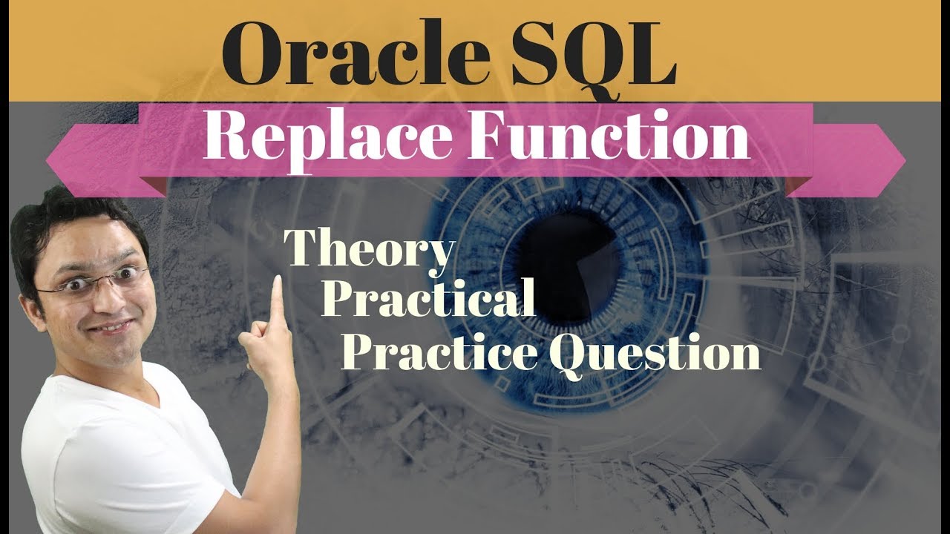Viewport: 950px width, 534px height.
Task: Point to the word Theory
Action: tap(369, 251)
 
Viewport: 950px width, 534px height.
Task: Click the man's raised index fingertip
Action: tap(278, 279)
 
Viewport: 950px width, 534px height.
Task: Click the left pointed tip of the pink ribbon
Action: tap(47, 160)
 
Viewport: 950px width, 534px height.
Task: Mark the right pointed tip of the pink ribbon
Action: tap(905, 161)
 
